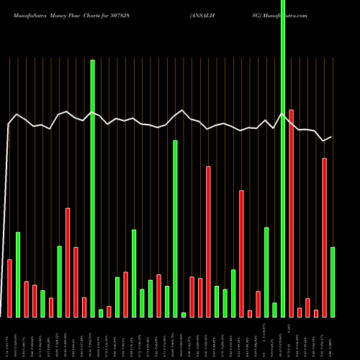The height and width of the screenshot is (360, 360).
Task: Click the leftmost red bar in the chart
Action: (9, 288)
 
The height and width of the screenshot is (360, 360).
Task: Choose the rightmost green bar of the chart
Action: (333, 282)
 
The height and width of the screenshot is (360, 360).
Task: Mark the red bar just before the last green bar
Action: (324, 237)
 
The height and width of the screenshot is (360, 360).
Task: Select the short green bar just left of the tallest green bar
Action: (274, 310)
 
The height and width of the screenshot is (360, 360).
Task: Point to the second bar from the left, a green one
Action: (18, 274)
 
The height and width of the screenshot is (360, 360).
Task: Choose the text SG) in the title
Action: (257, 14)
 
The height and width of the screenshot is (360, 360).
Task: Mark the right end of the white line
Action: (332, 137)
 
